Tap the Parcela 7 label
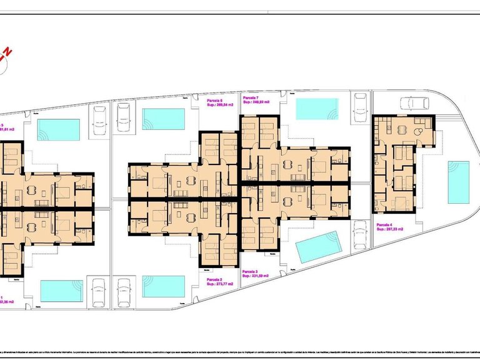tap(252, 98)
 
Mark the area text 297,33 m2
tap(392, 230)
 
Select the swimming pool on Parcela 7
tap(316, 109)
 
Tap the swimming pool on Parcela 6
tap(164, 118)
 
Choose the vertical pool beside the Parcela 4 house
tap(458, 182)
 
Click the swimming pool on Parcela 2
tap(164, 286)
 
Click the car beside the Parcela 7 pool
tap(360, 107)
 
